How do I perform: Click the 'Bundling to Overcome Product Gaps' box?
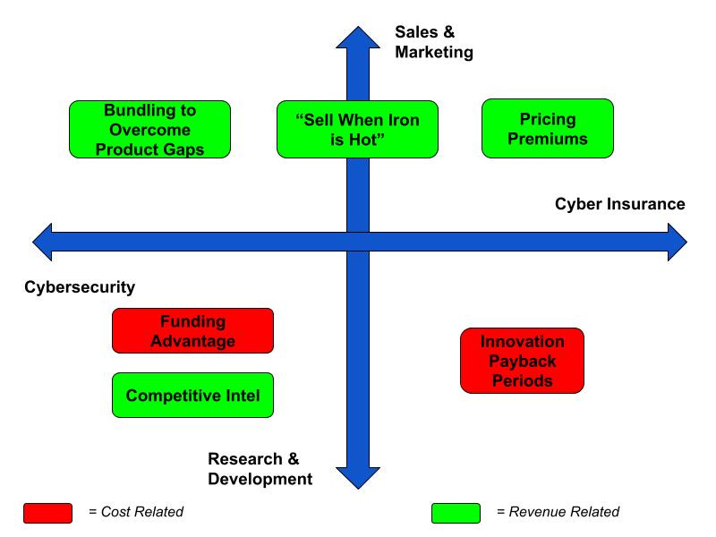149,129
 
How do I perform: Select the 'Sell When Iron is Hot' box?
357,129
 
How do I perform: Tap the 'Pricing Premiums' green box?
548,129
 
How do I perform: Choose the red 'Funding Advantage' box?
192,330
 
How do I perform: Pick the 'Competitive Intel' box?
192,396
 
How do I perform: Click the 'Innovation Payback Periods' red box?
522,360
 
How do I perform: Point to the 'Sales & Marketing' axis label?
433,42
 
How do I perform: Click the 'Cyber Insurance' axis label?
619,205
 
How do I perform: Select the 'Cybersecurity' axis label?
79,287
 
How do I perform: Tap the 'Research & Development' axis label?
260,469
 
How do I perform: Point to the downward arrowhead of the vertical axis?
357,479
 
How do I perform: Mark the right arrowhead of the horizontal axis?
676,242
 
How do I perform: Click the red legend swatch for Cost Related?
47,513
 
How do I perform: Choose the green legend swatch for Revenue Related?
456,513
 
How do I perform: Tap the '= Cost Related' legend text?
136,513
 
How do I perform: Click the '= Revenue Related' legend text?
558,513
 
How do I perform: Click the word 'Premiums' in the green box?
548,140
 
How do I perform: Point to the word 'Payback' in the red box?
522,361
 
